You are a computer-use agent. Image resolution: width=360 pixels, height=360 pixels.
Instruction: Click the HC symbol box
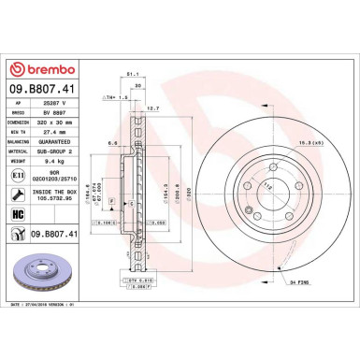tap(21, 214)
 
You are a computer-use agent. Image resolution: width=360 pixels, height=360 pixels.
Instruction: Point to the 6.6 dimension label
tap(112, 143)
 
